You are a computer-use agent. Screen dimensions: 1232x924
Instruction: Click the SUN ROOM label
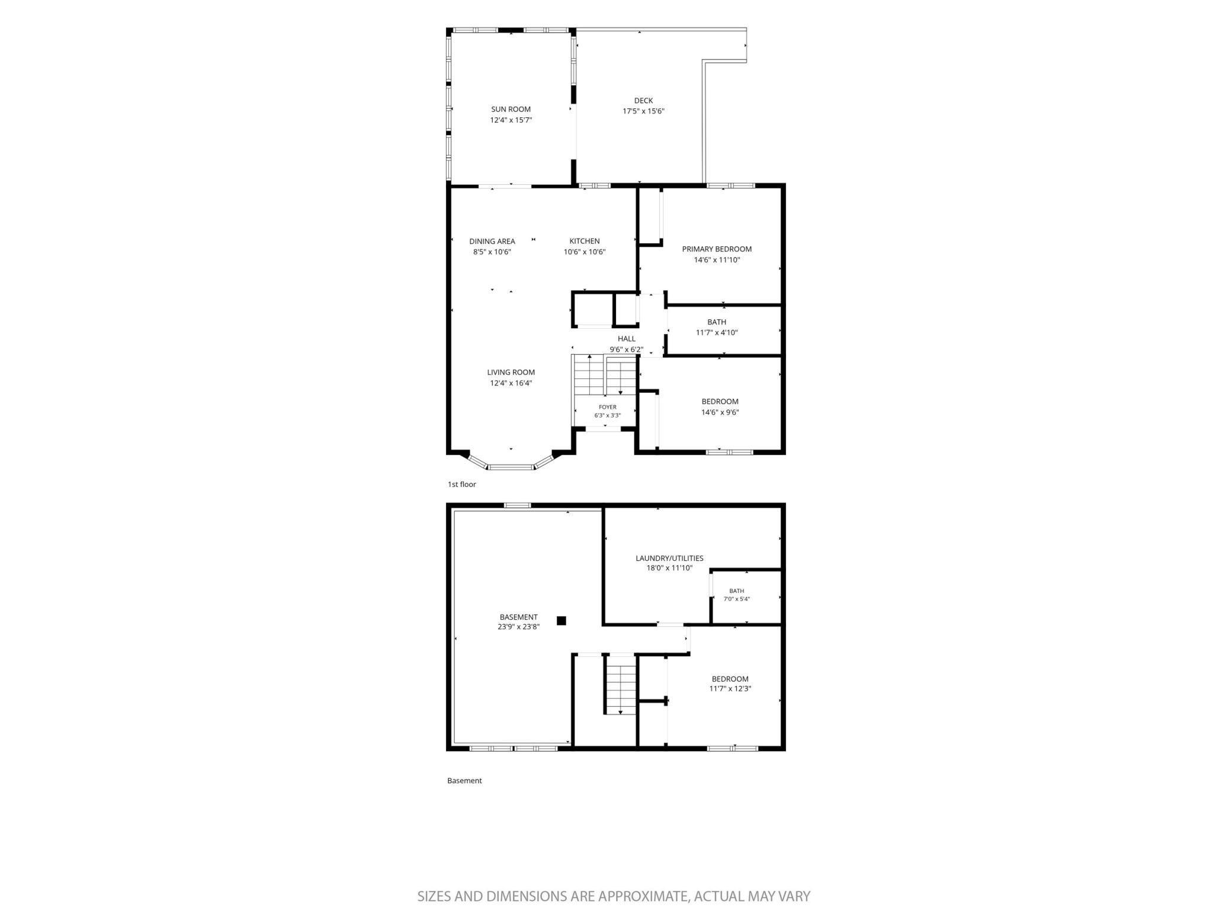click(x=511, y=109)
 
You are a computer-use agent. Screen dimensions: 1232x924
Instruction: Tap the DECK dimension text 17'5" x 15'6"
click(x=643, y=111)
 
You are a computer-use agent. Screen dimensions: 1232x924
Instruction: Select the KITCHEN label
click(x=585, y=241)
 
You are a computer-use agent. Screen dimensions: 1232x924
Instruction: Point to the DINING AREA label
click(x=492, y=241)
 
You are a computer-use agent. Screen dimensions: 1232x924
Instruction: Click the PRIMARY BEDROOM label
click(x=717, y=249)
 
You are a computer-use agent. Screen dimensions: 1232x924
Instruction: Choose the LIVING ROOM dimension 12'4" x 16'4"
click(x=511, y=383)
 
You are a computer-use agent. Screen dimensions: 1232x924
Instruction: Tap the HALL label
click(x=627, y=339)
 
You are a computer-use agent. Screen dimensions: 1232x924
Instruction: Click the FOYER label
click(x=608, y=407)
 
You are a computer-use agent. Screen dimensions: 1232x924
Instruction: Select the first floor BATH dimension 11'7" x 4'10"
click(x=717, y=333)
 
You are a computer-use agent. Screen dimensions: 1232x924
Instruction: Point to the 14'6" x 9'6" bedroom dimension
click(x=720, y=412)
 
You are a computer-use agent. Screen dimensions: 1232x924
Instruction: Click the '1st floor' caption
click(x=462, y=485)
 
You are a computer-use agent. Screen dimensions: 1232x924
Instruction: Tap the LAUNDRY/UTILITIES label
click(x=669, y=558)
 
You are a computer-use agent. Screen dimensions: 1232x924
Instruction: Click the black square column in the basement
click(x=562, y=621)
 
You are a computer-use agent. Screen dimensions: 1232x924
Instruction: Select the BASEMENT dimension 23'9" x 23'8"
click(x=519, y=627)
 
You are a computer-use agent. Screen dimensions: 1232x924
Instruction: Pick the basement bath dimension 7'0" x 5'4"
click(x=737, y=599)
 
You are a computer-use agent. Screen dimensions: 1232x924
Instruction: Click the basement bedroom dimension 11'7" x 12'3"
click(x=730, y=689)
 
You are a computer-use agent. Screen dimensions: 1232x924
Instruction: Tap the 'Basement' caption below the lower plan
click(x=464, y=781)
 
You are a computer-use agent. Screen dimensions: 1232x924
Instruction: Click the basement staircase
click(x=620, y=684)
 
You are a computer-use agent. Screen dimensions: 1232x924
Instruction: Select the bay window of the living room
click(x=511, y=463)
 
